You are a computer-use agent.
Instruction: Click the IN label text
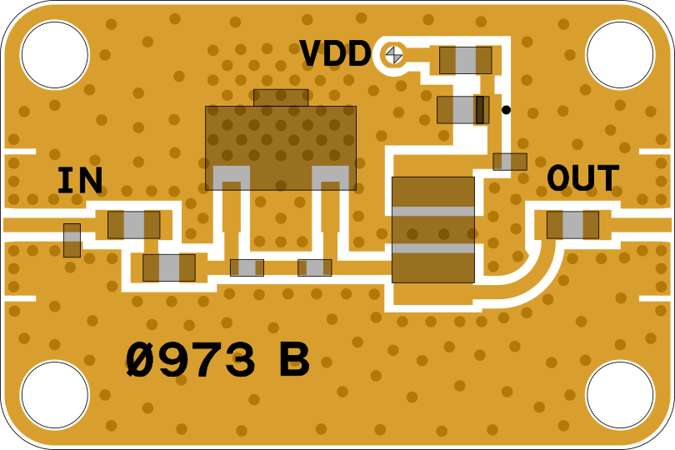tap(80, 181)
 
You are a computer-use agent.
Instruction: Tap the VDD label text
tap(335, 54)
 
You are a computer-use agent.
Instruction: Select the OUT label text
tap(582, 179)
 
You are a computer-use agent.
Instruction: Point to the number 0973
tap(190, 362)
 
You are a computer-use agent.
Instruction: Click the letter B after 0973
tap(293, 362)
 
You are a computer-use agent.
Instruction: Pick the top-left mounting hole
tap(54, 55)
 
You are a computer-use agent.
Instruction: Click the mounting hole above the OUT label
tap(620, 55)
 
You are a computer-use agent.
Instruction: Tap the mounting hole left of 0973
tap(54, 395)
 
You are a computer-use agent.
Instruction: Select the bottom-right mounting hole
tap(620, 395)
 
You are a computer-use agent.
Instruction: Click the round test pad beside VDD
tap(393, 55)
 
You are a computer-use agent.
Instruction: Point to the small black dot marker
tap(506, 110)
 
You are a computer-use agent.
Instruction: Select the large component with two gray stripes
tap(432, 229)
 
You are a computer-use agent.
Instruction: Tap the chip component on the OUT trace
tap(572, 225)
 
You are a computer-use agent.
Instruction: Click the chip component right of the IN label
tap(133, 225)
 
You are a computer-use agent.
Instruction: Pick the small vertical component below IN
tap(72, 240)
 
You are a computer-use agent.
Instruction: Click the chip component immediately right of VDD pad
tap(465, 60)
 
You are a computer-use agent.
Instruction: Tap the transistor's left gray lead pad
tap(231, 177)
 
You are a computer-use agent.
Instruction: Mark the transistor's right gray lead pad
tap(331, 177)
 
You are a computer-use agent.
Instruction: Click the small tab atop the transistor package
tap(281, 97)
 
